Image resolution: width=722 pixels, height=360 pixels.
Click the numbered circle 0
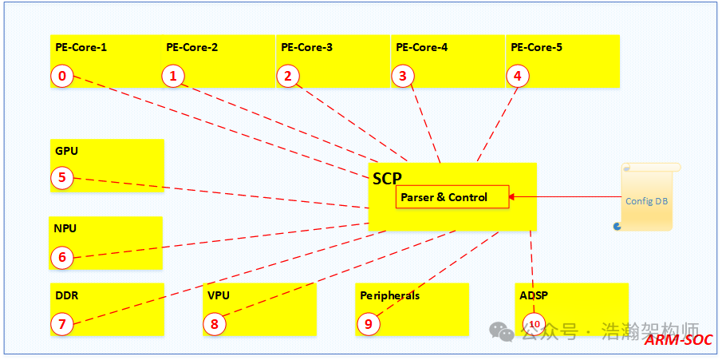[62, 76]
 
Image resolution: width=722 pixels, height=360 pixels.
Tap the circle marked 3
[403, 76]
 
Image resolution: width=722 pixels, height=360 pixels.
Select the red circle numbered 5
[62, 177]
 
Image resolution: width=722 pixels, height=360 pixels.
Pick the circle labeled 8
[215, 323]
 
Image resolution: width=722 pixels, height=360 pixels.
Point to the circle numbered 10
[534, 323]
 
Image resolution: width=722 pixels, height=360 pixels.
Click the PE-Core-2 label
[191, 47]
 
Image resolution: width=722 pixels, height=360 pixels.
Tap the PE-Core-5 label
[536, 47]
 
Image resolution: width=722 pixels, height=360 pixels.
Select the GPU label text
[67, 150]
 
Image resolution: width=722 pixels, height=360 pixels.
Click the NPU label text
[66, 227]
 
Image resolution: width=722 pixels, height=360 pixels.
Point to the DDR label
[67, 295]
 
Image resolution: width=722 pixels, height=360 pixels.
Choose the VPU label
[219, 295]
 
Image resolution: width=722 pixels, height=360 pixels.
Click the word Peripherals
[389, 295]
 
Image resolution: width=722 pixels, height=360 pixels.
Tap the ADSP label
[534, 295]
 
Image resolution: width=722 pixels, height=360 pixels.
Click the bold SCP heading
[387, 178]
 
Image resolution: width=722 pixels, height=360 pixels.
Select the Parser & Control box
[452, 197]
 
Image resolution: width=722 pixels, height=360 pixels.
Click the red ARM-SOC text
[677, 340]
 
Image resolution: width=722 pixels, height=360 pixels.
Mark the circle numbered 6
[62, 257]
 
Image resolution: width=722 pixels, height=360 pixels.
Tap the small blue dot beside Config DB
[617, 227]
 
